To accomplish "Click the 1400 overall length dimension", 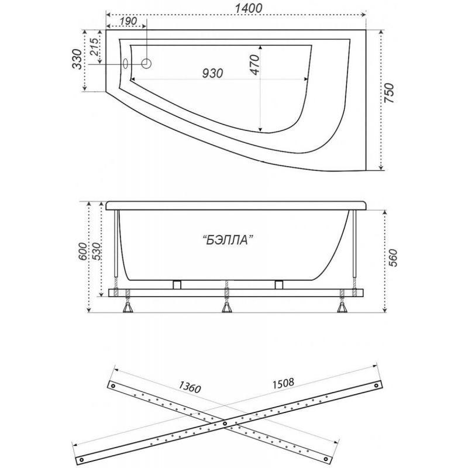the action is click(248, 8).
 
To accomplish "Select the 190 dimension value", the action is click(129, 21).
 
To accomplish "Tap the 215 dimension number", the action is click(95, 47).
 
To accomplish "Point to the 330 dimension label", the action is click(77, 59).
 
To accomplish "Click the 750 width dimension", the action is click(389, 94).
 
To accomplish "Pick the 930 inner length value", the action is click(212, 73).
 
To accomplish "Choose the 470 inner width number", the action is click(254, 65).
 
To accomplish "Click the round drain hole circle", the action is click(146, 63).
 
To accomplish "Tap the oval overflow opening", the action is click(126, 63).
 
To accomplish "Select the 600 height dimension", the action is click(82, 251).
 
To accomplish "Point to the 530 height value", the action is click(97, 251).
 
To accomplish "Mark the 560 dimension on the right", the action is click(393, 257).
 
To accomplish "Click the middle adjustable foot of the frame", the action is click(227, 307).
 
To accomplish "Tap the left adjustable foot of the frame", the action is click(128, 307).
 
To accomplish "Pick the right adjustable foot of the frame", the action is click(342, 307).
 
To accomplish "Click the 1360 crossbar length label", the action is click(190, 387).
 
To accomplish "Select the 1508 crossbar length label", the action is click(283, 383).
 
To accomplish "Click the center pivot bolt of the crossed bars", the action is click(225, 423).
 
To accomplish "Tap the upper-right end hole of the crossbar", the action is click(376, 386).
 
